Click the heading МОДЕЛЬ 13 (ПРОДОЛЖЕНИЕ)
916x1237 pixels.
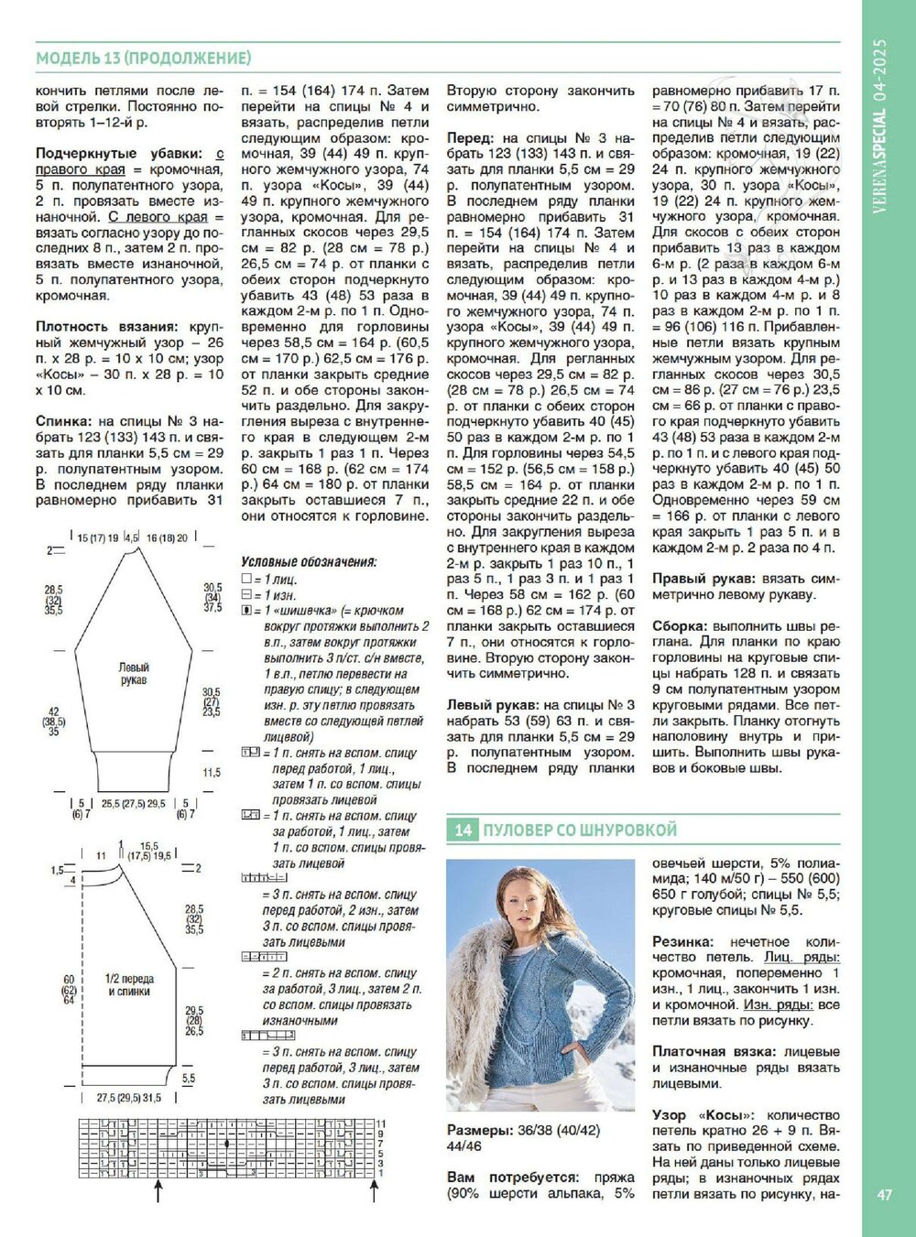143,59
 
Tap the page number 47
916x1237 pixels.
884,1195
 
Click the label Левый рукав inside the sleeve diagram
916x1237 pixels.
134,674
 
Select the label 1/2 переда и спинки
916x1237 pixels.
128,985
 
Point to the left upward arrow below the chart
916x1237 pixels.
159,1190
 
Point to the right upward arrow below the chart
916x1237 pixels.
374,1190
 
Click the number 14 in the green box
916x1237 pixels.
464,830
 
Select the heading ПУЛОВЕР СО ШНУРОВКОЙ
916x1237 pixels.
580,830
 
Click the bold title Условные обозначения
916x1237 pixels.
308,561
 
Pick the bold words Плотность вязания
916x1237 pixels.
106,327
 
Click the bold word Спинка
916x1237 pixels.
62,422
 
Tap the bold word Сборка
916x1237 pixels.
679,626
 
